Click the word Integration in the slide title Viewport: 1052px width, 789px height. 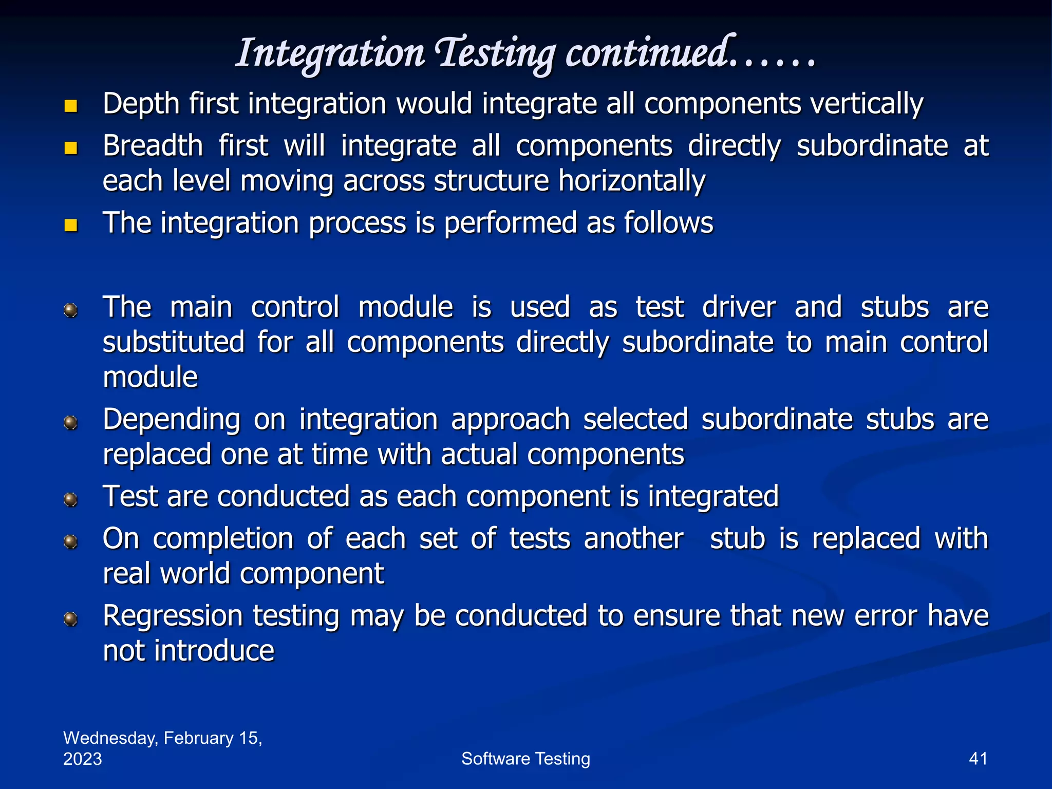click(330, 54)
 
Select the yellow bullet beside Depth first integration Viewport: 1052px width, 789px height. click(71, 106)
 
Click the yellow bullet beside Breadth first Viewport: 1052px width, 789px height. click(71, 148)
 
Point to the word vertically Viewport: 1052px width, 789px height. click(867, 104)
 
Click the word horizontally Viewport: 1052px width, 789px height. click(632, 181)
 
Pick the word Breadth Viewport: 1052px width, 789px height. click(153, 146)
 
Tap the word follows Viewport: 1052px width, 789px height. click(668, 223)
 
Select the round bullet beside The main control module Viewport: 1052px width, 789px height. click(70, 310)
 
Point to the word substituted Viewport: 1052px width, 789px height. click(174, 343)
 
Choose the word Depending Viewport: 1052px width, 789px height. click(172, 420)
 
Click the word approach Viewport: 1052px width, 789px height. click(511, 420)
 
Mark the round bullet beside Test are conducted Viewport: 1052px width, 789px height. click(70, 499)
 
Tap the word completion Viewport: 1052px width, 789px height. click(223, 539)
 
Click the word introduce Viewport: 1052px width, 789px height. click(214, 651)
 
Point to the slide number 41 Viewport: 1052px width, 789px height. click(978, 759)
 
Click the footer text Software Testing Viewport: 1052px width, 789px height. click(525, 759)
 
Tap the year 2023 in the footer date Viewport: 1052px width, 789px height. click(83, 759)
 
